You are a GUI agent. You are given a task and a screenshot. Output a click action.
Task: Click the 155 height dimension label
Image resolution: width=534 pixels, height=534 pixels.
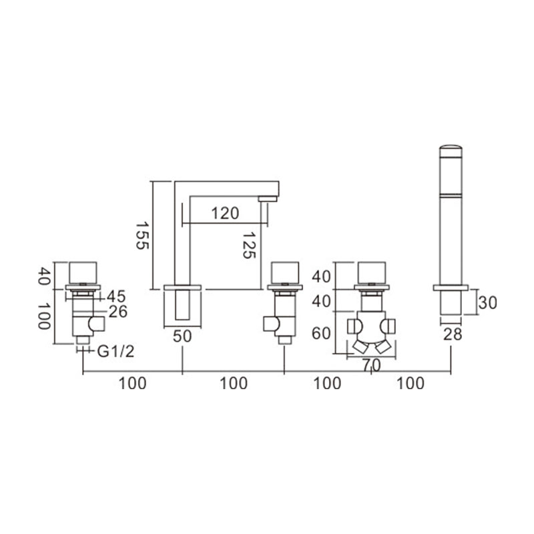tap(142, 236)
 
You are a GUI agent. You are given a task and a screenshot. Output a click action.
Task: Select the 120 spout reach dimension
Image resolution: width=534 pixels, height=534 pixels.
tap(225, 214)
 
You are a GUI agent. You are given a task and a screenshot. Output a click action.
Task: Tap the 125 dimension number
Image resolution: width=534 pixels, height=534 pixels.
tap(249, 245)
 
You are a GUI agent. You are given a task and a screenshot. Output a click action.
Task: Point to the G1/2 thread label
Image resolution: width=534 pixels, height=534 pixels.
tap(115, 352)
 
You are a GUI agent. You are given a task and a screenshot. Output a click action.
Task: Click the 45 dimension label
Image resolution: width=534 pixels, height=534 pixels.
tap(116, 296)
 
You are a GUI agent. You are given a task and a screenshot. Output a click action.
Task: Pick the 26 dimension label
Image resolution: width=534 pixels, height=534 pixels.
tap(118, 312)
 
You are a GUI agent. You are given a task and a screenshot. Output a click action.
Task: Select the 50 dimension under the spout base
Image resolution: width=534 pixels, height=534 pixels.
tap(182, 336)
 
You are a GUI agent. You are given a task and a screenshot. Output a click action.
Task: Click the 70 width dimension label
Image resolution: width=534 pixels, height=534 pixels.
tap(371, 366)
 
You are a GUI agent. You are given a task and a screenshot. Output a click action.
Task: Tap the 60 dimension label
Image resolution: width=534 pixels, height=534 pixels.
tap(321, 333)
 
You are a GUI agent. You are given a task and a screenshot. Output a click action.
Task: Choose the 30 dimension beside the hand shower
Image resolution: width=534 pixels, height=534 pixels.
tap(487, 302)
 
